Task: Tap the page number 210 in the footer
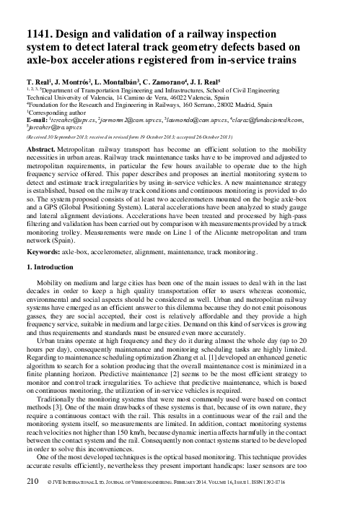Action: (x=32, y=500)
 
